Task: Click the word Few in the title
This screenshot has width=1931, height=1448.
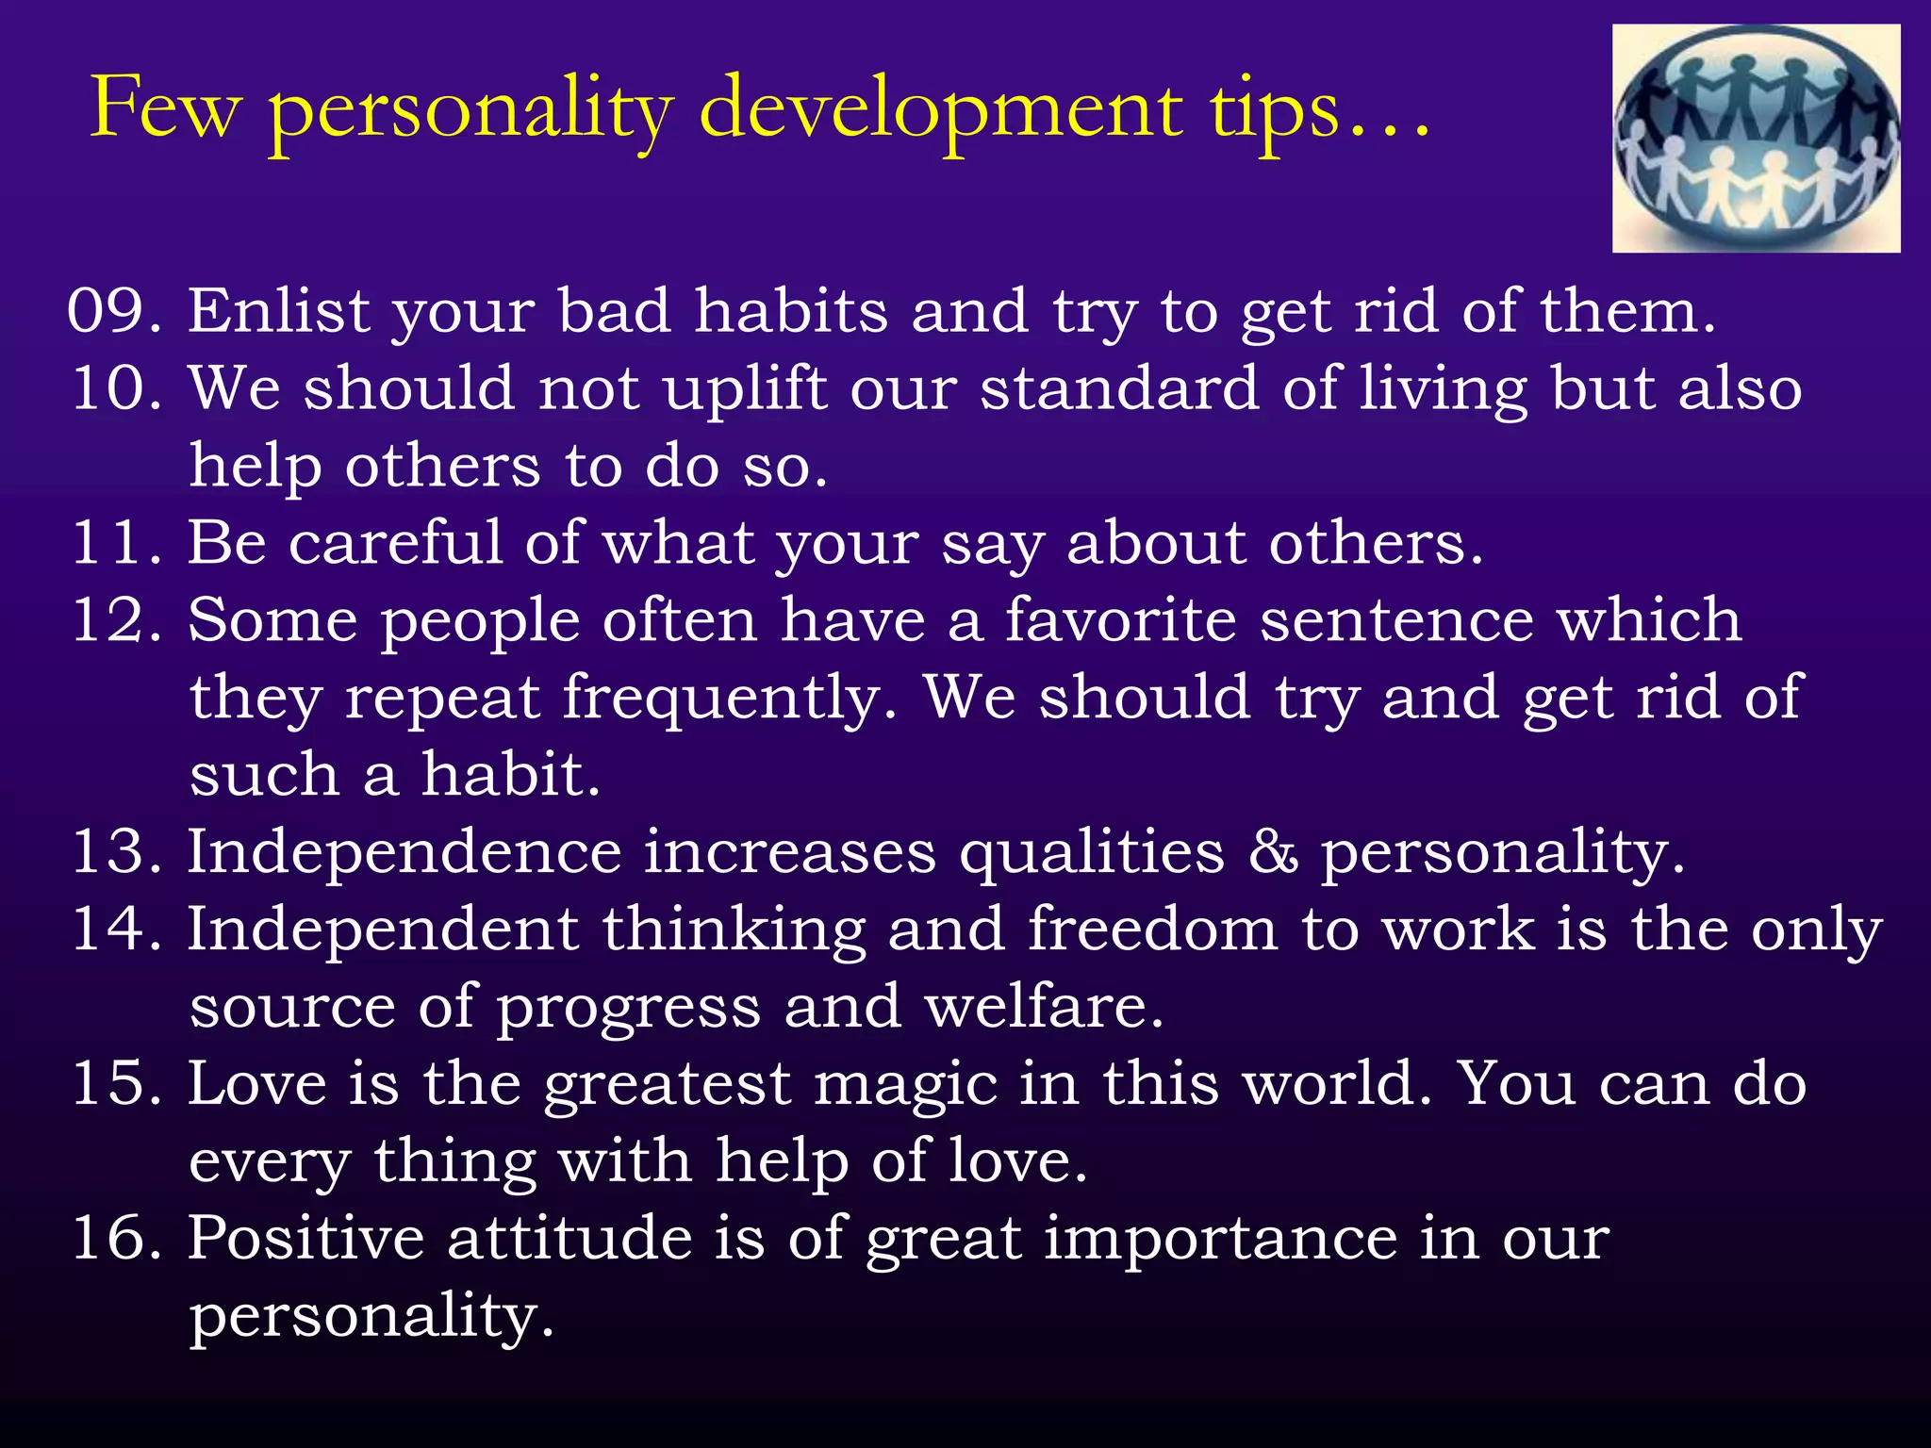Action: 165,109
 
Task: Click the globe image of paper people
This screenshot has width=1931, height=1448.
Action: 1756,139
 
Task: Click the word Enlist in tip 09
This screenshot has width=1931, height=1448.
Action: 279,311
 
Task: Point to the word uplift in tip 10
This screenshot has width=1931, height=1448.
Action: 745,388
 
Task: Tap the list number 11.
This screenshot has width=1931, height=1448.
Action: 108,543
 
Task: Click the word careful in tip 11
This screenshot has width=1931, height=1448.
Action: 396,543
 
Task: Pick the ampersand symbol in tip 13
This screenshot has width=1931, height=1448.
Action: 1274,852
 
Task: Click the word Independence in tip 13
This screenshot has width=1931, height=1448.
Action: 404,852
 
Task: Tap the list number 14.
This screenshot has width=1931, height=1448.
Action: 108,930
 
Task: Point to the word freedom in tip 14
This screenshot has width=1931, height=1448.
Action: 1152,930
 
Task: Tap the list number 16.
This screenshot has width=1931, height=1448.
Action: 108,1238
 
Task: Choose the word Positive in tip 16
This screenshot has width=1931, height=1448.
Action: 305,1238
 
